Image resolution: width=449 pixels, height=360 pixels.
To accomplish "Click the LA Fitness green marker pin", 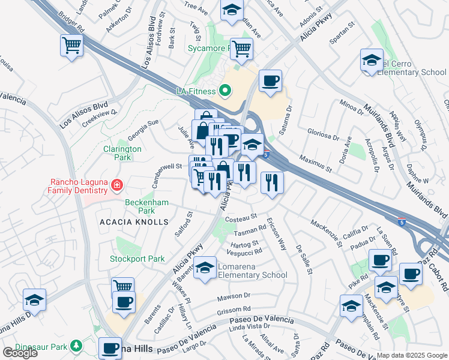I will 225,91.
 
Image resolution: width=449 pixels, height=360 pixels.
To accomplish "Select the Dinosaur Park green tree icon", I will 76,346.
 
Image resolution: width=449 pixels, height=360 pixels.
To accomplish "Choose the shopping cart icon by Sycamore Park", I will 241,49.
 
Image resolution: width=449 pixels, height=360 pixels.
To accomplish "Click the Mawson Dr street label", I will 234,296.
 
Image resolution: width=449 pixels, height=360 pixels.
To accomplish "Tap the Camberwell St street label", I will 167,167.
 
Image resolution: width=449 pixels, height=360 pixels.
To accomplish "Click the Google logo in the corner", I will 20,353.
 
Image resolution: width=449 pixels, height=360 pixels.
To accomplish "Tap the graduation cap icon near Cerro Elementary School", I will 372,60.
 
